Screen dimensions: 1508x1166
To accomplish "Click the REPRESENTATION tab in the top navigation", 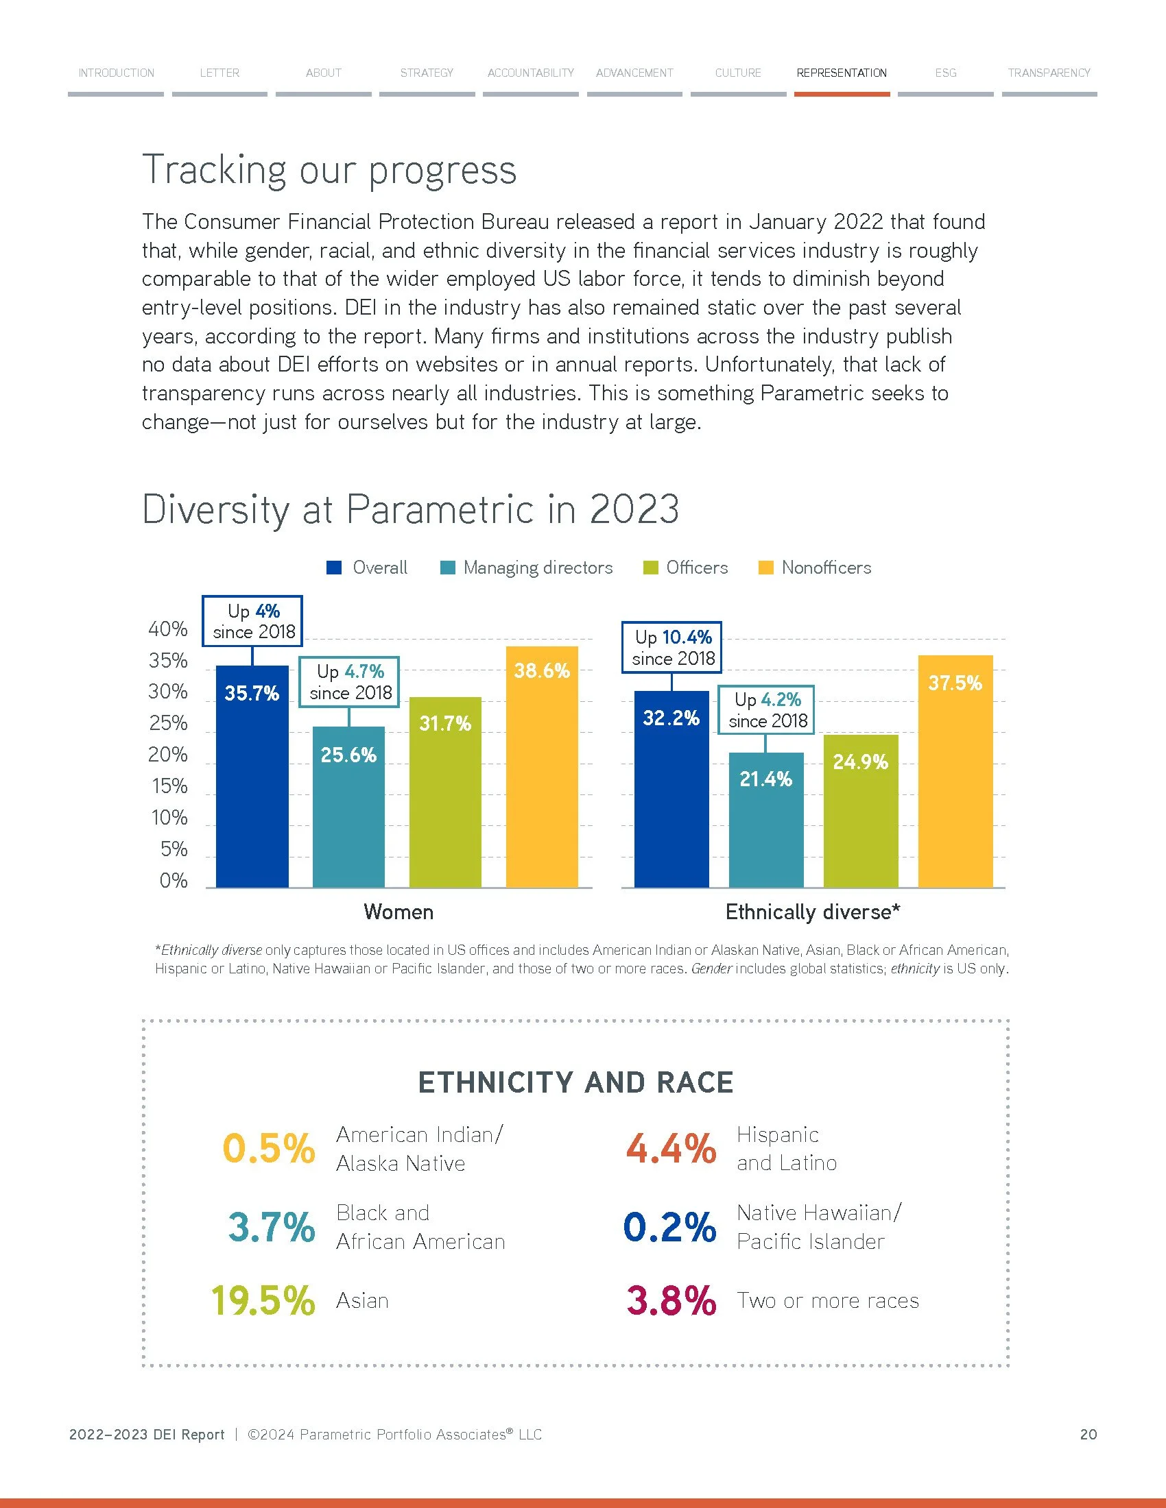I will coord(841,73).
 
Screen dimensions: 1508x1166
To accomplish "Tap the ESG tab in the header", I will coord(945,73).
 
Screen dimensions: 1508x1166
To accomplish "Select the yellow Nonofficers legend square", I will coord(765,568).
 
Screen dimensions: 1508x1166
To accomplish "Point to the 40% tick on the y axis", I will coord(168,629).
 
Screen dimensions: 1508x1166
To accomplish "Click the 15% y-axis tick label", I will coord(169,786).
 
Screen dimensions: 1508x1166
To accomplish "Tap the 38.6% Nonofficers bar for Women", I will coord(542,766).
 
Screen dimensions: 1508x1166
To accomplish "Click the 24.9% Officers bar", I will coord(860,812).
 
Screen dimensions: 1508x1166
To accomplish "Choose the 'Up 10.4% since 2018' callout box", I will coord(672,648).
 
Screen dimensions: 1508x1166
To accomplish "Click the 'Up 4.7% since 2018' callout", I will coord(350,682).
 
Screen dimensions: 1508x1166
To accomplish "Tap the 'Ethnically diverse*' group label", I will coord(812,912).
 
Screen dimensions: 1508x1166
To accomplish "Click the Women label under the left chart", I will coord(398,912).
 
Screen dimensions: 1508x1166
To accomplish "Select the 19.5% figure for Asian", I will coord(263,1301).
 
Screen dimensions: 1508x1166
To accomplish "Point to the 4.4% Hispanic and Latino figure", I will coord(671,1149).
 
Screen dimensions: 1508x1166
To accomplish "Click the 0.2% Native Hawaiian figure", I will coord(669,1227).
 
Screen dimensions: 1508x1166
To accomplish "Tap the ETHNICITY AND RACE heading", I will coord(575,1082).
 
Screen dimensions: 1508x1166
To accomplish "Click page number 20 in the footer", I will coord(1088,1435).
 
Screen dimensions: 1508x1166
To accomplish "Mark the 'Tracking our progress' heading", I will coord(329,171).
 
